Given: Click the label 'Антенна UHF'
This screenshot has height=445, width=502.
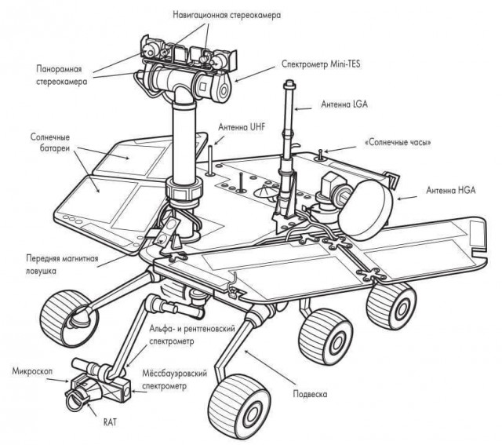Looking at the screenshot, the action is tap(242, 127).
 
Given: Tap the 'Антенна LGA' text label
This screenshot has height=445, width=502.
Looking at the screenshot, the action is tap(344, 104).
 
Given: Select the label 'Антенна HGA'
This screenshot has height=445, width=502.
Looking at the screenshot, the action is tap(451, 190).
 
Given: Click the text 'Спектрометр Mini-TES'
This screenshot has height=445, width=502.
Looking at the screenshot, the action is tap(321, 64).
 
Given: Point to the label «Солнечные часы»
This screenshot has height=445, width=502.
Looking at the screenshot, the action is tap(398, 142).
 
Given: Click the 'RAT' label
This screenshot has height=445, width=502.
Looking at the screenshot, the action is tap(110, 422).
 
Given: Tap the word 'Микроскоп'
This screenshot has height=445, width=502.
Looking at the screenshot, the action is tap(32, 371).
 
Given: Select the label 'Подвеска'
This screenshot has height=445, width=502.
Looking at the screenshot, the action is tap(311, 394).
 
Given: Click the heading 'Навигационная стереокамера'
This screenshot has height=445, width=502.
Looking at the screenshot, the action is tap(227, 15).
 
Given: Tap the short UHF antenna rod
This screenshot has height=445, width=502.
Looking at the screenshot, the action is tap(210, 160).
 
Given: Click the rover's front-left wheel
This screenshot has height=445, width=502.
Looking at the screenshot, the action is tap(68, 318).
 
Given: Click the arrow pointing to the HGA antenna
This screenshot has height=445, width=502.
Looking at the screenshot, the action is tap(408, 197).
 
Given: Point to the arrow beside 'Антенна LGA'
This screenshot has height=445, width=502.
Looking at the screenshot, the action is tap(303, 109).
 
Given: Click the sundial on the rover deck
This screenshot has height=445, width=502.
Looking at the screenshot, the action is tap(320, 155).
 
